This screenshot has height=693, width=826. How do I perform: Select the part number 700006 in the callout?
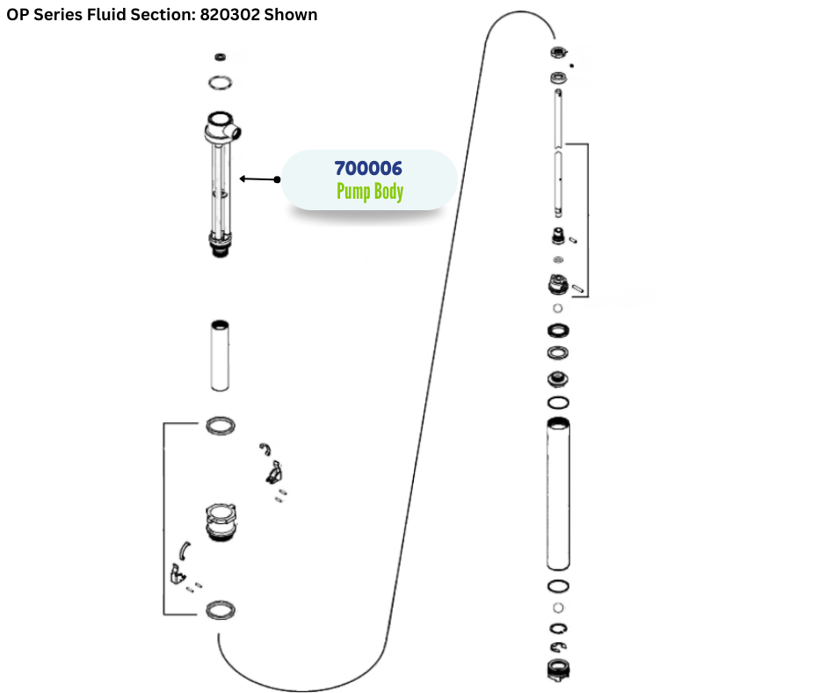coord(368,168)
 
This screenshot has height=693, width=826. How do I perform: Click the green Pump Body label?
coord(369,192)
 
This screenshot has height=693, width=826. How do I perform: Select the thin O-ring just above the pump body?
coord(221,84)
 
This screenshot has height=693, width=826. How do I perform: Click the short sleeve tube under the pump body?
coord(221,356)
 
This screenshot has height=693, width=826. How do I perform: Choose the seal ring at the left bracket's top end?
coord(221,427)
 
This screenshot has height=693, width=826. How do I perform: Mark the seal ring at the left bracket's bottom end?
coord(221,609)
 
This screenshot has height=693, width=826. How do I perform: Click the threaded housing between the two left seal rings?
coord(221,523)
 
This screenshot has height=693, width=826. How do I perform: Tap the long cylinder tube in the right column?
coord(557,494)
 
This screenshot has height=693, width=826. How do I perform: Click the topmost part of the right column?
coord(557,52)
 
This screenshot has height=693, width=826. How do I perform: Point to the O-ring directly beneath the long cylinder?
coord(557,587)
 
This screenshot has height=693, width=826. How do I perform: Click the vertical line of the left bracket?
coord(164,519)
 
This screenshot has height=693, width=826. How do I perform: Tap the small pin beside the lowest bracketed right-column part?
coord(577,287)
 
